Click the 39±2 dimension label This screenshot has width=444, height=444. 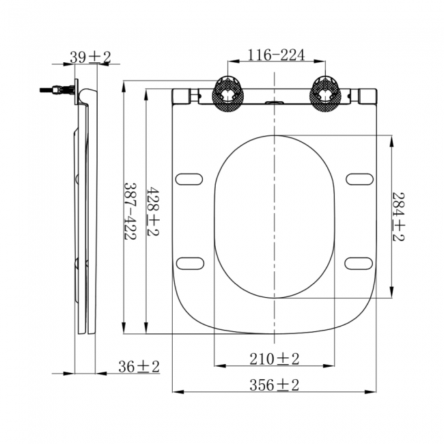click(90, 58)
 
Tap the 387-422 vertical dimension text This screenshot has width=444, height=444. click(129, 211)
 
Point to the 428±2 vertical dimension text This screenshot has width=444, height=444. click(154, 211)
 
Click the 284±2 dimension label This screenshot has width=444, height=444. click(398, 216)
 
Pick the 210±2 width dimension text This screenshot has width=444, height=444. click(275, 358)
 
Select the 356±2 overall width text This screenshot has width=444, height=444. click(275, 385)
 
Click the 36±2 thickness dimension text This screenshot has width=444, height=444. click(139, 367)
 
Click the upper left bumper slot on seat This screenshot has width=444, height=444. click(189, 179)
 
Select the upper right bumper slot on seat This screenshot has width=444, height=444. click(359, 179)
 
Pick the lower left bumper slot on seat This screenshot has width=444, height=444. click(189, 263)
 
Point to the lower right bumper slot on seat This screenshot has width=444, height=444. click(359, 263)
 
